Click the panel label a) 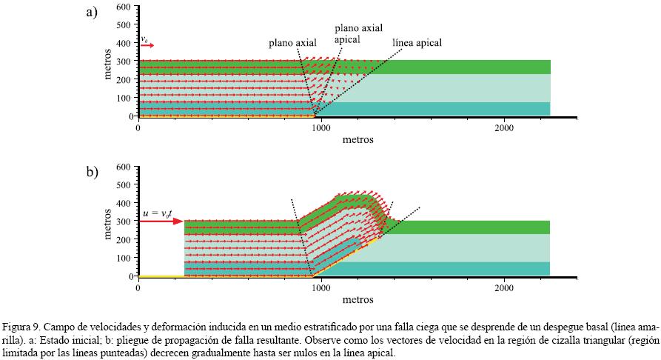point(92,13)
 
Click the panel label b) point(92,173)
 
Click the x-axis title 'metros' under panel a point(358,139)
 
